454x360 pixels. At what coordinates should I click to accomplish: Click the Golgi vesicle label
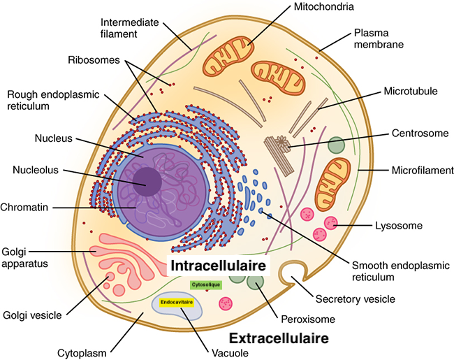[33, 315]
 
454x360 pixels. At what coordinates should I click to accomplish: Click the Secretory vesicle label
[355, 299]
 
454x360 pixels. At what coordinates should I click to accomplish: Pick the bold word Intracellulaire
[219, 267]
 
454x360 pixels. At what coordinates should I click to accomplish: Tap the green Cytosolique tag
[205, 285]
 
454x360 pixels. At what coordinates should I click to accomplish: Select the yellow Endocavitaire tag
[176, 303]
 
